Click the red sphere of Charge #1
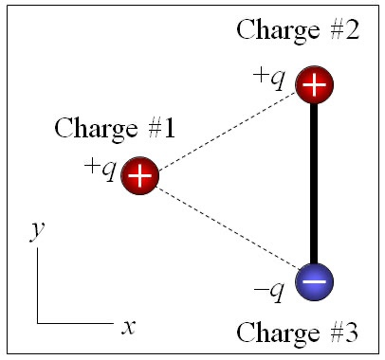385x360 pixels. tap(139, 174)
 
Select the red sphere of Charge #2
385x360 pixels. tap(314, 85)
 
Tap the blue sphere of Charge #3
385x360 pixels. tap(314, 281)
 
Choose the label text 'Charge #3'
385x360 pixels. tap(297, 333)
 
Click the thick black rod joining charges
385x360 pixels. tap(314, 185)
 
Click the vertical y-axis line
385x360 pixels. tap(37, 284)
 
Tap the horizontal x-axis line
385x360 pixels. tap(76, 323)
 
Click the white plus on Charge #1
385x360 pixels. tap(139, 175)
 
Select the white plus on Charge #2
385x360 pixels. tap(314, 85)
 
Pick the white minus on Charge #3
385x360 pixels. tap(314, 282)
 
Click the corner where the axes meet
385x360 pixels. tap(37, 323)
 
